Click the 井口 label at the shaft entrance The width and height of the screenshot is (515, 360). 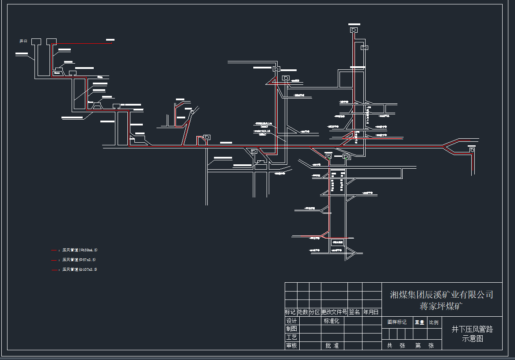coord(23,41)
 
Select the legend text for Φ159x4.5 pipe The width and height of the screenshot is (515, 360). coord(80,250)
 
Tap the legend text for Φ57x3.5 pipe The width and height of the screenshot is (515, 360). coord(79,260)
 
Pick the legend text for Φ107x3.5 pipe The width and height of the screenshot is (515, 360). coord(80,269)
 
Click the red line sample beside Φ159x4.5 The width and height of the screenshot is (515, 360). coord(54,250)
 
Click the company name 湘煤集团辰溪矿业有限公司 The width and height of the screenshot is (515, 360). coord(441,295)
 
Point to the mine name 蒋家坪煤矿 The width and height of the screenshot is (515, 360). coord(441,306)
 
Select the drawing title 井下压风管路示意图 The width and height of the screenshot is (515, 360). coord(472,333)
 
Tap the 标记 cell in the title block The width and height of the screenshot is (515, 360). coord(291,312)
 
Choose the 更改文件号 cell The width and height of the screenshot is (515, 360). coord(334,312)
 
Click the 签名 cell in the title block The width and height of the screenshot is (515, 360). coord(355,312)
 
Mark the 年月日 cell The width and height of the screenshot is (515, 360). coord(371,312)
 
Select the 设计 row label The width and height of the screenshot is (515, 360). coord(291,321)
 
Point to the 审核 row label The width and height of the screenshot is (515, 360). coord(291,345)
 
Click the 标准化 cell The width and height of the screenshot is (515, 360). coord(332,321)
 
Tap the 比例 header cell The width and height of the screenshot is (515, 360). coord(434,322)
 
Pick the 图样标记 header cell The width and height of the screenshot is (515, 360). coord(397,322)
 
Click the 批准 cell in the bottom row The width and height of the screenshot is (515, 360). coord(332,345)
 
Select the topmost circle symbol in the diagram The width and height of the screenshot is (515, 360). coord(354,30)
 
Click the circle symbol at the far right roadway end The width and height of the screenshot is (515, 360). coord(472,150)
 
